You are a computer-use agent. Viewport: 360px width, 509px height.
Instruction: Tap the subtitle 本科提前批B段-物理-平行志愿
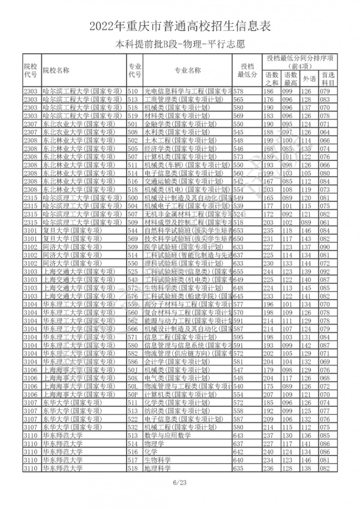pos(180,45)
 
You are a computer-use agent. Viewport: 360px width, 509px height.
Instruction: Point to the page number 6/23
pos(180,483)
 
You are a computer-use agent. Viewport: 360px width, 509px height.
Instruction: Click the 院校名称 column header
pos(56,70)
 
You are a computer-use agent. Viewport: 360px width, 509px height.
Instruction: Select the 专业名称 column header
pos(188,70)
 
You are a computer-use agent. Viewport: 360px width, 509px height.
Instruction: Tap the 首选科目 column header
pos(328,79)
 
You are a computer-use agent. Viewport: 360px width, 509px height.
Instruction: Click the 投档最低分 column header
pos(247,70)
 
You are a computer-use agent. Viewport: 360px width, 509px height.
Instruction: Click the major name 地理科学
pos(157,468)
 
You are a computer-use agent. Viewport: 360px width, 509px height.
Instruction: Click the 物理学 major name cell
pos(154,444)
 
